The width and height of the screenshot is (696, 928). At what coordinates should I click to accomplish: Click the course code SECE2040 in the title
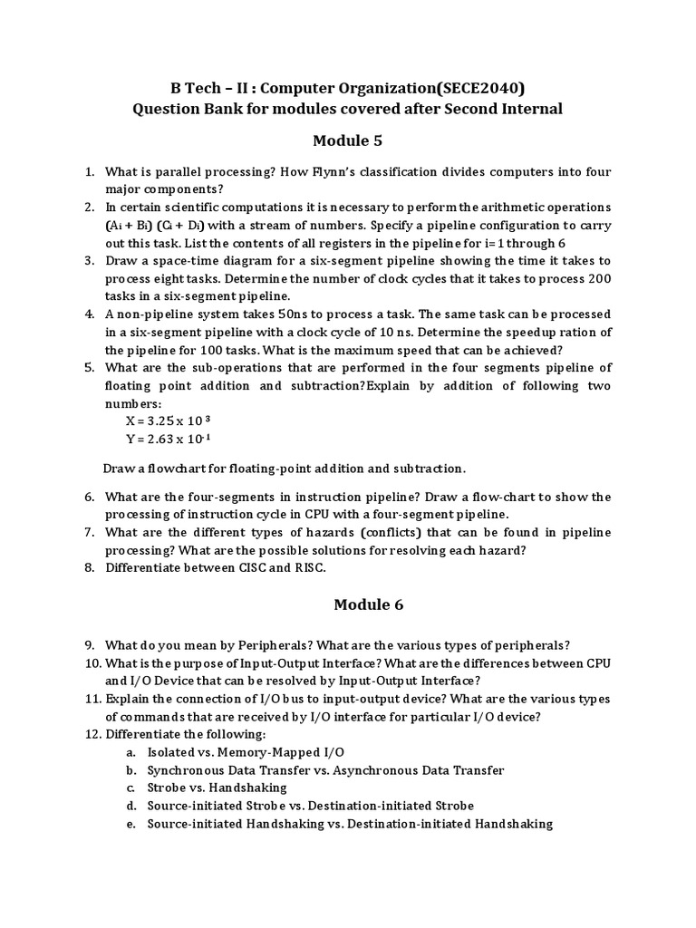[x=481, y=87]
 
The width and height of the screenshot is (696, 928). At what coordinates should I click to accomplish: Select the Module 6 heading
[x=347, y=604]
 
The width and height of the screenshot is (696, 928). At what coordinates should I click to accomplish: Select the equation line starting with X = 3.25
[x=168, y=421]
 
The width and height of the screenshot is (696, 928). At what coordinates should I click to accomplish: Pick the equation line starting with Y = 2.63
[x=168, y=440]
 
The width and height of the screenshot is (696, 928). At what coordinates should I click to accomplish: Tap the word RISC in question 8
[x=308, y=567]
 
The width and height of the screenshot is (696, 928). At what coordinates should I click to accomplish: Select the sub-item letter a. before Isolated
[x=131, y=752]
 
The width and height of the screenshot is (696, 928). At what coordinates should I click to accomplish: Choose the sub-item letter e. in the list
[x=131, y=824]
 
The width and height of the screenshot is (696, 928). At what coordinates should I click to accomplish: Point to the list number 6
[x=90, y=497]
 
